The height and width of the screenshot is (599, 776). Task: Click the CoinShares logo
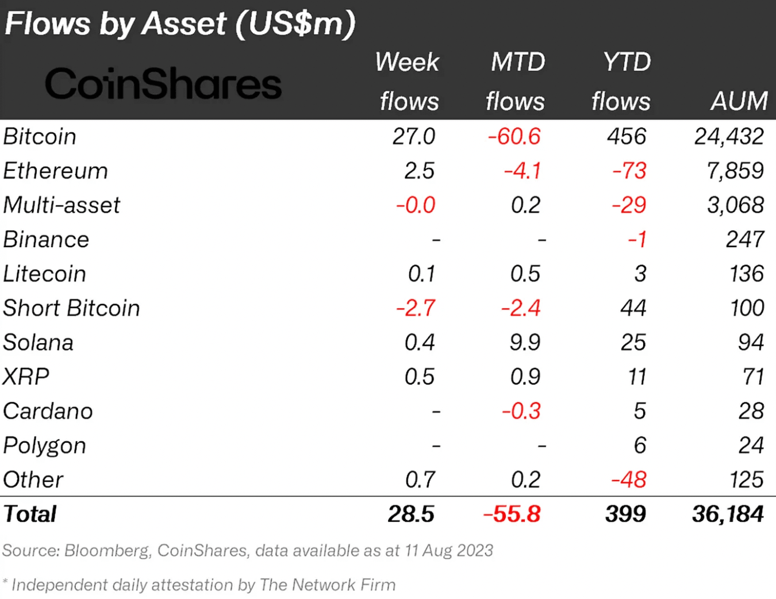click(163, 84)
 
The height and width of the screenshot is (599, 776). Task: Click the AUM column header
click(739, 101)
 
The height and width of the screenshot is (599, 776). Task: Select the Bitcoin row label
click(40, 137)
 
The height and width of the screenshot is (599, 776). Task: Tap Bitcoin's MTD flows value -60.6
click(514, 137)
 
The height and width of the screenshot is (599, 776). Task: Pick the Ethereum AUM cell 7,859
click(735, 171)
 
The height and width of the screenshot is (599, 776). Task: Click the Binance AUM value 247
click(745, 239)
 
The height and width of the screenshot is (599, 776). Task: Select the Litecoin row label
click(44, 274)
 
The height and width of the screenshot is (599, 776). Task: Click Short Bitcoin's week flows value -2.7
click(416, 308)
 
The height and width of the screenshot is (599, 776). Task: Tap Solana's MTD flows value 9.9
click(525, 343)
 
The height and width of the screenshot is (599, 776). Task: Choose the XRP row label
click(26, 377)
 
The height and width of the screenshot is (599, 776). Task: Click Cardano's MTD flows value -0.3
click(521, 411)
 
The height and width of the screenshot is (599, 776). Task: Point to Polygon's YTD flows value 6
click(640, 446)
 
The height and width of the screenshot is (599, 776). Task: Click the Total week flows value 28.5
click(411, 514)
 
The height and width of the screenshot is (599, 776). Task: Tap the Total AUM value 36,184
click(728, 514)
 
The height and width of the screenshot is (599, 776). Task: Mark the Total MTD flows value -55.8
click(512, 514)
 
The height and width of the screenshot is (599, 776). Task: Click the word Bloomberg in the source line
click(107, 551)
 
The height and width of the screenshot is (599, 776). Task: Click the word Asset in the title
click(184, 24)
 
